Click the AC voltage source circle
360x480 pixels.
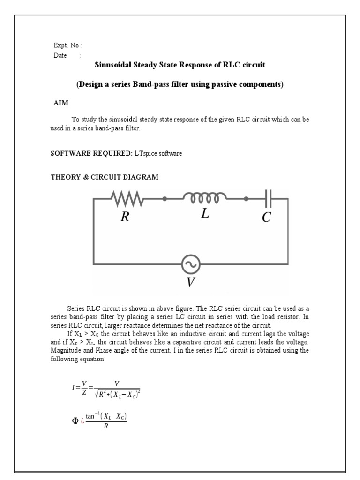pos(191,265)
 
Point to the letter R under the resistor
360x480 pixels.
pos(125,217)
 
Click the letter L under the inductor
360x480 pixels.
pos(205,214)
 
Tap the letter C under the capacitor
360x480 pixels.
pos(266,217)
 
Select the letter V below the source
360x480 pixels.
pos(190,282)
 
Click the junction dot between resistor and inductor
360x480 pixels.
pos(165,199)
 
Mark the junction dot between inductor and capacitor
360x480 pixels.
pos(246,199)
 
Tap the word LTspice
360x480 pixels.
pos(144,153)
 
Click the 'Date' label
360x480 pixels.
pos(60,55)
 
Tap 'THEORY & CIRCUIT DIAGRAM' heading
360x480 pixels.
pos(104,177)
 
